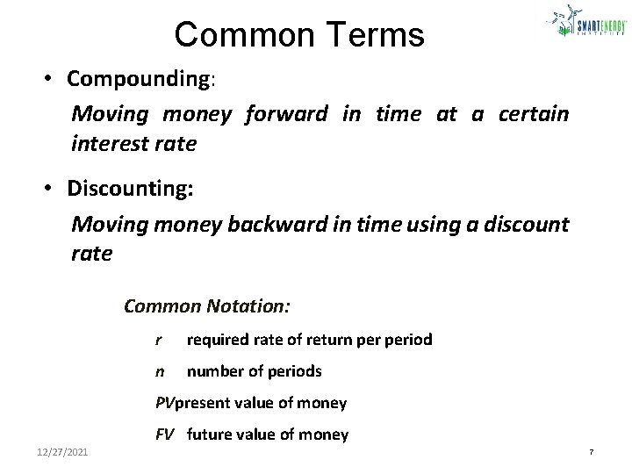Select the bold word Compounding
[140, 79]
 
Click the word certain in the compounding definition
[534, 114]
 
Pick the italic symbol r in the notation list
[158, 340]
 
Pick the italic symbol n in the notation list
[159, 371]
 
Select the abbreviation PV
[165, 403]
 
